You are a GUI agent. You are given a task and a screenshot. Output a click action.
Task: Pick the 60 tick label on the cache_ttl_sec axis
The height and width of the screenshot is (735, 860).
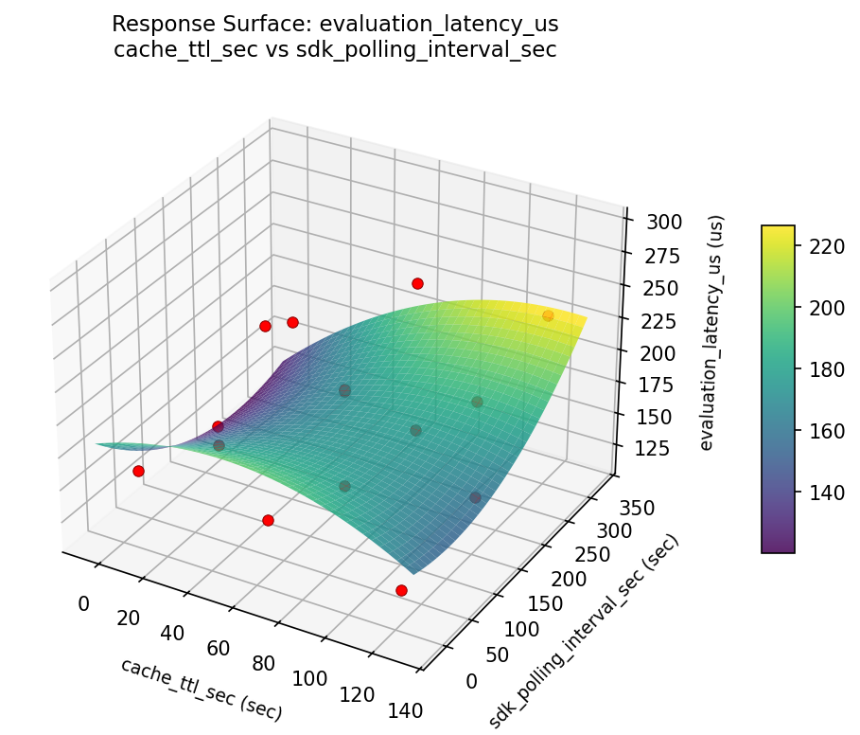[219, 648]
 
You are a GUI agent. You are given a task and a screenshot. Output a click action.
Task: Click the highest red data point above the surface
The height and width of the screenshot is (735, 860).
[417, 283]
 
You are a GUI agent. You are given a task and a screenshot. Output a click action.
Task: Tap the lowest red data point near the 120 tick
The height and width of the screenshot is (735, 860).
[401, 590]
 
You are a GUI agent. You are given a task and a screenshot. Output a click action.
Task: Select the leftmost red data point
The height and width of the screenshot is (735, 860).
[138, 471]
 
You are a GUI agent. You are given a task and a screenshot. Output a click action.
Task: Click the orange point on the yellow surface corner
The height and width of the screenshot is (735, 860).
[548, 315]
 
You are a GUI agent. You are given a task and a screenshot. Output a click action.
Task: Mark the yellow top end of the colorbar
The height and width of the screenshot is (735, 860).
[778, 230]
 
